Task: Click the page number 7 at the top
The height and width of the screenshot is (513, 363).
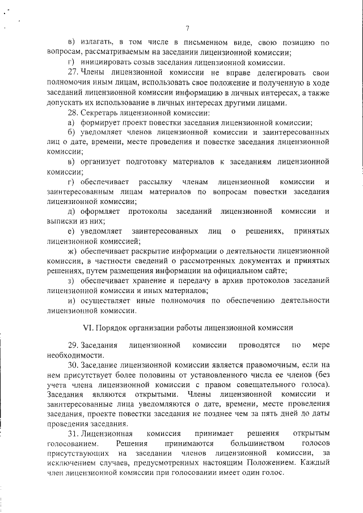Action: coord(187,29)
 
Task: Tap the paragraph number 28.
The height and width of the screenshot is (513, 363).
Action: coord(72,113)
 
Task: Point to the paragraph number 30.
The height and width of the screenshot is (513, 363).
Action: coord(72,364)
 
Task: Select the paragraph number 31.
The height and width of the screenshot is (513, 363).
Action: coord(72,433)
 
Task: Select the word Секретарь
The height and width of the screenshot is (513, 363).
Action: coord(101,113)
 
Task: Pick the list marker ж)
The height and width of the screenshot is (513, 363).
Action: coord(72,251)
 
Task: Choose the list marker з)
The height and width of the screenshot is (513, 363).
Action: coord(71,281)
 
